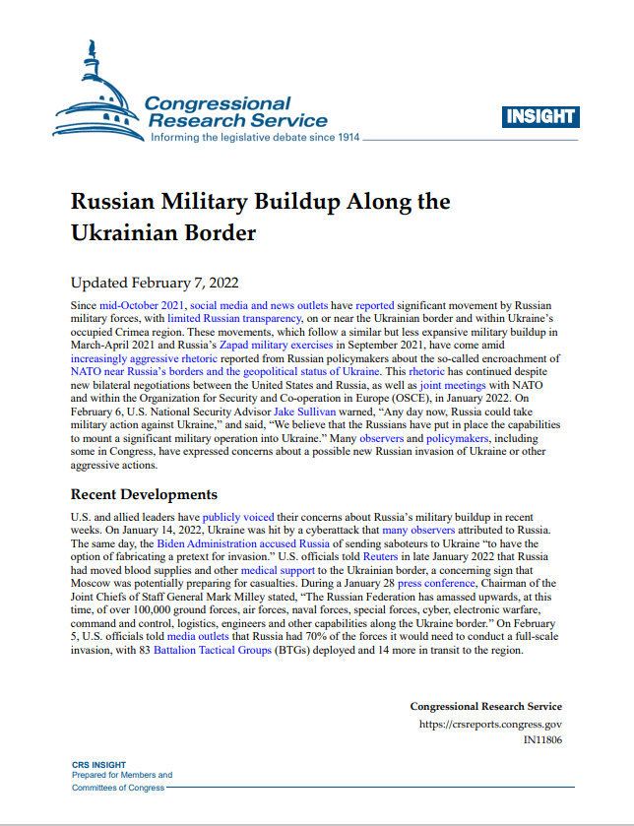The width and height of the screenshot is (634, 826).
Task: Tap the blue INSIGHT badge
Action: [540, 116]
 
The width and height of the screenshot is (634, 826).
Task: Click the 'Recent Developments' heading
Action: [144, 493]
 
